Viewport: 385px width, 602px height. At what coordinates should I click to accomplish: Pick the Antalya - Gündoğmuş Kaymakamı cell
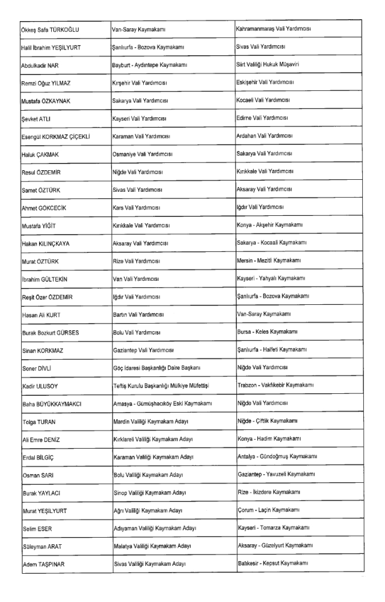[277, 456]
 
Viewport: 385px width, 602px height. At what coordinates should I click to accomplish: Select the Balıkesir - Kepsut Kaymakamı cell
[273, 563]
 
